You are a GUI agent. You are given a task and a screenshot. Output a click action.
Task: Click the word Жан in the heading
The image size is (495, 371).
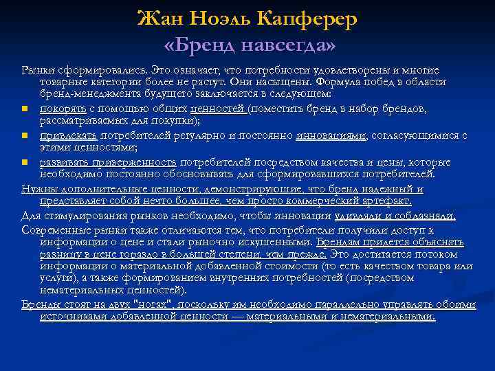(x=159, y=19)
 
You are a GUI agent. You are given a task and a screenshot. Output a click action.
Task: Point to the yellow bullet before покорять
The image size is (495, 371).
(x=25, y=110)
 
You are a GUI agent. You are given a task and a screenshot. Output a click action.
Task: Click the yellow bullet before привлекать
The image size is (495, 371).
(x=25, y=136)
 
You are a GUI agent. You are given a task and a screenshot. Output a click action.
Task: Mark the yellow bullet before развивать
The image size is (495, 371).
(x=25, y=162)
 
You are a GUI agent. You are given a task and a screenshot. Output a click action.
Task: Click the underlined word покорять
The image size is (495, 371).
(x=63, y=109)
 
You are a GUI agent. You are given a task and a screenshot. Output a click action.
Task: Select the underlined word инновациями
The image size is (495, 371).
(x=331, y=135)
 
